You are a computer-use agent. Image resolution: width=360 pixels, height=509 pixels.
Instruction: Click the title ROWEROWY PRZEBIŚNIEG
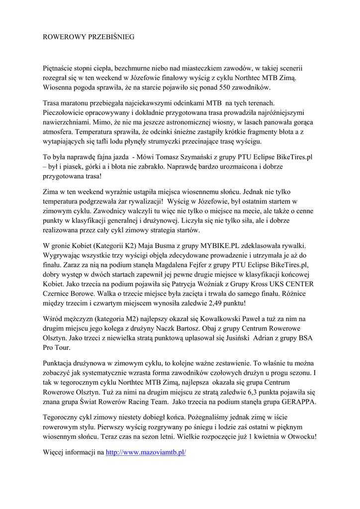pos(89,37)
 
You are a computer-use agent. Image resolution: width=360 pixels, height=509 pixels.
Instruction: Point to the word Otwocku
pos(300,436)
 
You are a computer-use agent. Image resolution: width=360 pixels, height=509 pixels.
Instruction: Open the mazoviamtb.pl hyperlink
pos(146,453)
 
